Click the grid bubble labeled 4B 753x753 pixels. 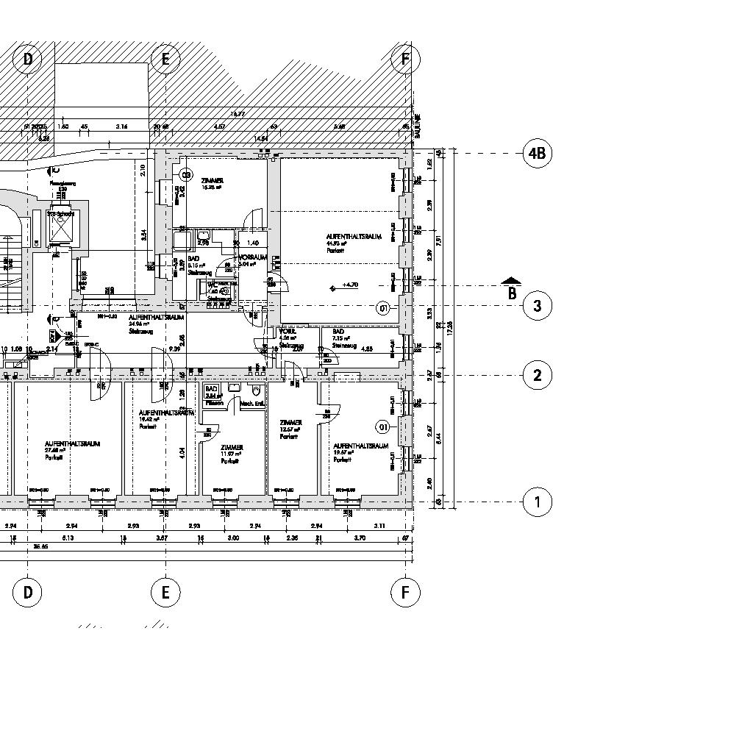[538, 154]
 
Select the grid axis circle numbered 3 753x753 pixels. [538, 306]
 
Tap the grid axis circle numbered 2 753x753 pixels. [538, 376]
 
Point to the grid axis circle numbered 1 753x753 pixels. [538, 503]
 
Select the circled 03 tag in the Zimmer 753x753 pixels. [186, 175]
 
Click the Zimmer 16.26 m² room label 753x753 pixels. [212, 183]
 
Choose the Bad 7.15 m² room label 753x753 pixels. [344, 337]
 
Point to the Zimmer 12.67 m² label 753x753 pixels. [290, 427]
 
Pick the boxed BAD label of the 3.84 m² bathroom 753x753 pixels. [212, 389]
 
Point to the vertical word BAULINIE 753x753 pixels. [417, 126]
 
